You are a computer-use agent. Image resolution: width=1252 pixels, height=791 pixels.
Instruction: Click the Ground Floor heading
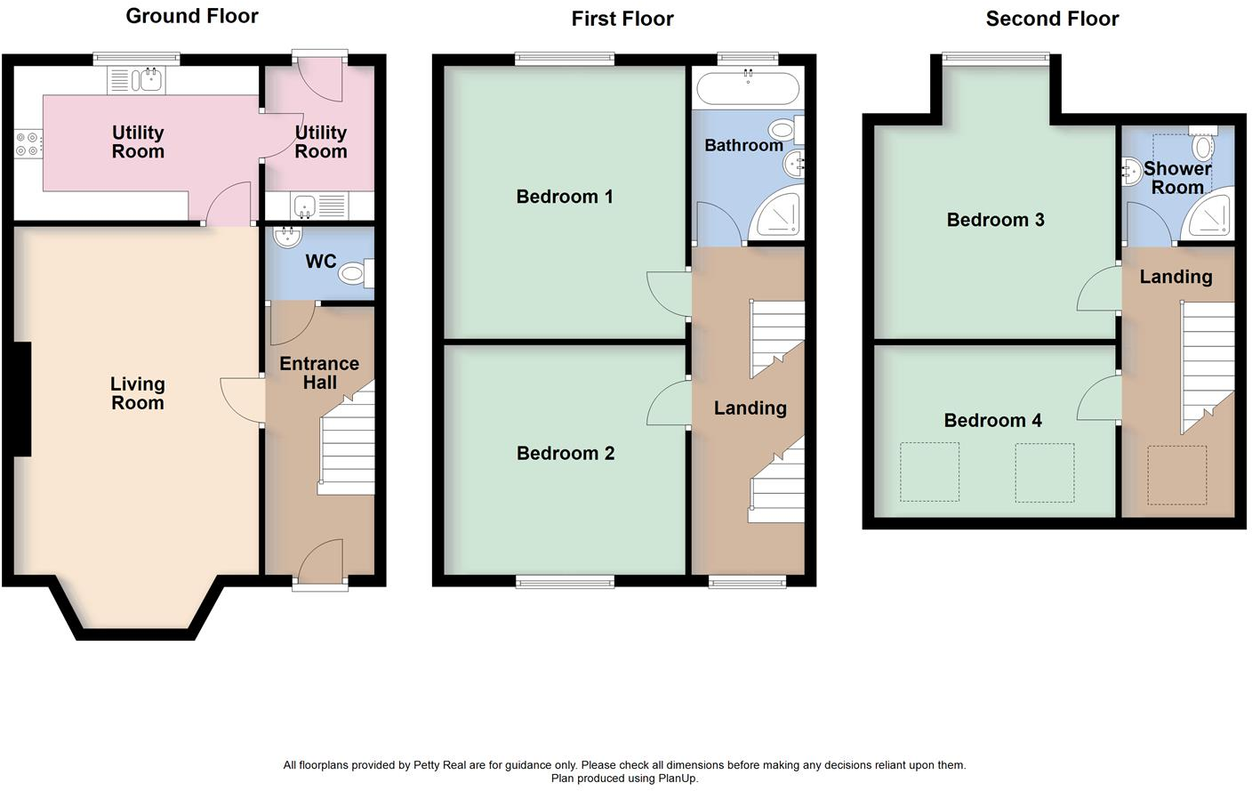[192, 16]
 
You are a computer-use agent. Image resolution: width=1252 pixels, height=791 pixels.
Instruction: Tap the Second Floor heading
[1052, 19]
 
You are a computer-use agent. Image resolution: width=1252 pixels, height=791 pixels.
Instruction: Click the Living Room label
[137, 393]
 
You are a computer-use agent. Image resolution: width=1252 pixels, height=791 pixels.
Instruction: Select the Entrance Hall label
[319, 373]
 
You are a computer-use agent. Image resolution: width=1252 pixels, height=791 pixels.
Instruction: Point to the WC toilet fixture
[355, 273]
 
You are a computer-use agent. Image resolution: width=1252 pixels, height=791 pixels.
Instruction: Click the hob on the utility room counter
[28, 144]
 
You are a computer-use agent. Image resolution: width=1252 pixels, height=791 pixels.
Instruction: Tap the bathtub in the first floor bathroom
[747, 88]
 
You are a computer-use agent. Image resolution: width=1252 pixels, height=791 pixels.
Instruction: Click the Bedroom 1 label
[565, 197]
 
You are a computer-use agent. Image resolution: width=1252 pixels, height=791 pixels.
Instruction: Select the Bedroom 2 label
[566, 454]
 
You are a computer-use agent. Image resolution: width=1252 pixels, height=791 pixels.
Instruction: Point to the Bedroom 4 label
[992, 421]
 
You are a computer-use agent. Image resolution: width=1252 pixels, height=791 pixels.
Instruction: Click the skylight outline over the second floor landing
[1176, 475]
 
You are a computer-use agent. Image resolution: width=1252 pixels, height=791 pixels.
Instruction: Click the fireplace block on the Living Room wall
[22, 400]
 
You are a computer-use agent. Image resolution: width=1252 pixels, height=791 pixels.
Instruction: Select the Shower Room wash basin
[1132, 172]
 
